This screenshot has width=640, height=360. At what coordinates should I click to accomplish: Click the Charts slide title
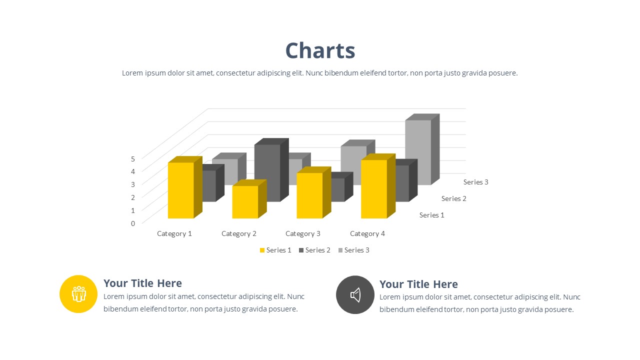click(x=320, y=50)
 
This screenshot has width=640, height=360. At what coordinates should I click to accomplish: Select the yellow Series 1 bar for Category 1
click(x=185, y=187)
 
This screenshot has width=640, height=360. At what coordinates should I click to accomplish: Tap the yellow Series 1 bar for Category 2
click(x=249, y=199)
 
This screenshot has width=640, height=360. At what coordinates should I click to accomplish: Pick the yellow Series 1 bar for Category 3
click(x=313, y=192)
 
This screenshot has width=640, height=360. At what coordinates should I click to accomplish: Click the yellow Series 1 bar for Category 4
click(x=378, y=186)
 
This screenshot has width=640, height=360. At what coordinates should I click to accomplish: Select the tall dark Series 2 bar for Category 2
click(x=271, y=170)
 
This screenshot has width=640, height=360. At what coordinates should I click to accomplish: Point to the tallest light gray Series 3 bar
click(x=422, y=149)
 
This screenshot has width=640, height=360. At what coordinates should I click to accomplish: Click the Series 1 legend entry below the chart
click(x=275, y=250)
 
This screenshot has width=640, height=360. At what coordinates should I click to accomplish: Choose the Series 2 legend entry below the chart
click(x=314, y=250)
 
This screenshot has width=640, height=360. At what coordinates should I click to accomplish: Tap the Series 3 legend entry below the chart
click(x=353, y=250)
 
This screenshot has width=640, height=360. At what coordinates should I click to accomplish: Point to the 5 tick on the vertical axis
click(x=133, y=159)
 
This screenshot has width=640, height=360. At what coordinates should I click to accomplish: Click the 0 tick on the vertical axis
click(x=133, y=223)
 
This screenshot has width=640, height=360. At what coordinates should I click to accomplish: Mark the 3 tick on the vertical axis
click(x=133, y=184)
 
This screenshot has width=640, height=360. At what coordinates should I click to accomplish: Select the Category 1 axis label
click(x=174, y=233)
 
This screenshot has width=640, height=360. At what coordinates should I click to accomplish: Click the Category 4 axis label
click(x=367, y=233)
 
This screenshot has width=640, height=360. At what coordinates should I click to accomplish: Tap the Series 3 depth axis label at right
click(x=475, y=182)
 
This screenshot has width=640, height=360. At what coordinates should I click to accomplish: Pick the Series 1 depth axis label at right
click(x=431, y=215)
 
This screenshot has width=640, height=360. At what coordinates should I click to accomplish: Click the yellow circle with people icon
click(x=78, y=294)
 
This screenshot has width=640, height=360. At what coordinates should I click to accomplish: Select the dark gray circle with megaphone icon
click(x=355, y=295)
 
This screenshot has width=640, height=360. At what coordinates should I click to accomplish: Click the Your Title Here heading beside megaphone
click(x=418, y=284)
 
